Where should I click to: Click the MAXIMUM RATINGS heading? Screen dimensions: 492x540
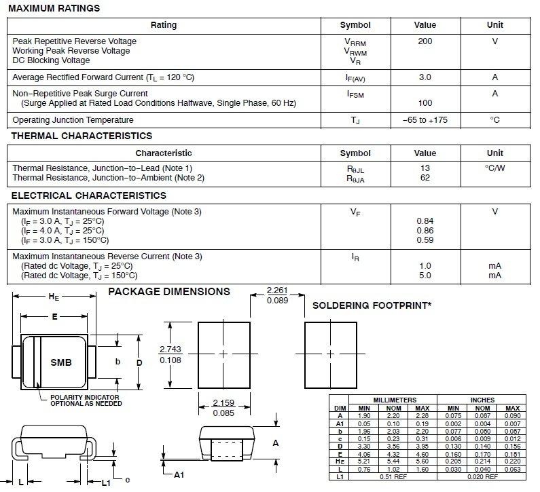(54, 9)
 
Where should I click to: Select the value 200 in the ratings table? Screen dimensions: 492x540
(425, 41)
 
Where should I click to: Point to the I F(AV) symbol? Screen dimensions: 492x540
(355, 78)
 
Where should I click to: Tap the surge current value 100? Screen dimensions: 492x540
(425, 103)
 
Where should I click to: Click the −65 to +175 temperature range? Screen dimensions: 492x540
(425, 120)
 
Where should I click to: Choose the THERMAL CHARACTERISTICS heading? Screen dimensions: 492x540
(82, 136)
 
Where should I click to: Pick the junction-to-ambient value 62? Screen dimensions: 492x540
(425, 178)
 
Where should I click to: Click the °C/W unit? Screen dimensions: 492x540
(494, 168)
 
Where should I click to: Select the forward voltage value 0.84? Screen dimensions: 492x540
(425, 221)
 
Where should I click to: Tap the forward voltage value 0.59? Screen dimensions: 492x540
(425, 240)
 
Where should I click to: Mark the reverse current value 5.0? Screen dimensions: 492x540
(425, 276)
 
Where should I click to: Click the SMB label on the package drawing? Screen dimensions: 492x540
(61, 362)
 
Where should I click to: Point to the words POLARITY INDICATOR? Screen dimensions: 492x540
(85, 397)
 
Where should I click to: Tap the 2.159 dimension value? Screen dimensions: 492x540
(223, 402)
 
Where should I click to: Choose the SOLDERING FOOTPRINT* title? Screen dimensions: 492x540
(372, 306)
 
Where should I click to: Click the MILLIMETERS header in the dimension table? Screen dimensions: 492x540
(395, 400)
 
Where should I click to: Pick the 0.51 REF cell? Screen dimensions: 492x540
(395, 476)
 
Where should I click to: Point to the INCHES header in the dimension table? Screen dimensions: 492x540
(482, 400)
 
